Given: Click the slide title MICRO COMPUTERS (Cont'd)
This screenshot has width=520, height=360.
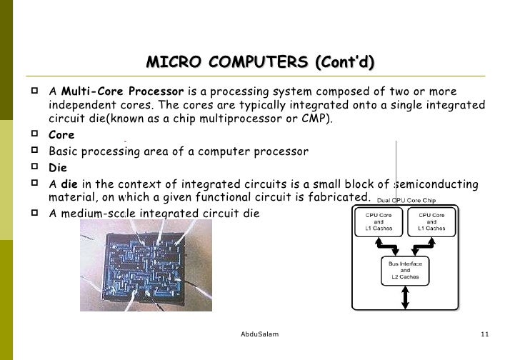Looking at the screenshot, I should (260, 63).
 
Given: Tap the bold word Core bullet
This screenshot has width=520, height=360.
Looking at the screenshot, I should (61, 134).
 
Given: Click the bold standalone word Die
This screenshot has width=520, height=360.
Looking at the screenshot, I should (57, 169).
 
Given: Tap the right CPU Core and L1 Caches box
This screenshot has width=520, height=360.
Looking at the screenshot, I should (431, 222).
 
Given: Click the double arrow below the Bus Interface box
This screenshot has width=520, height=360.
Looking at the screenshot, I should (405, 298).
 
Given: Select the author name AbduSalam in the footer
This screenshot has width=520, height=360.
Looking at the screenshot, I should (260, 334).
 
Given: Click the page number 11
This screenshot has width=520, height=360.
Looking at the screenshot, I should (484, 334).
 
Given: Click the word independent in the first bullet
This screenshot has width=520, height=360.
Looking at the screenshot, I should (77, 105).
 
